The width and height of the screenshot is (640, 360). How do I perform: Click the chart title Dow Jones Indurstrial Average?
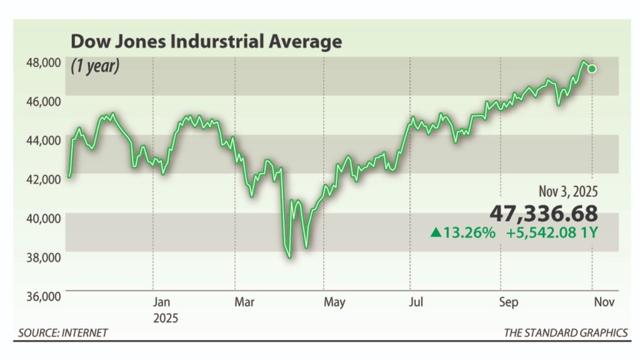pos(206,42)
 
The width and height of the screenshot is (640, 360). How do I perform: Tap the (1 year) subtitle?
pos(95,65)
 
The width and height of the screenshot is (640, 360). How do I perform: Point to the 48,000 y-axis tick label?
pos(43,62)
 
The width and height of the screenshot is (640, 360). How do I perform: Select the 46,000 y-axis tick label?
pos(43,101)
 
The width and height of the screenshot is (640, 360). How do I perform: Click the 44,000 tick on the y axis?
pos(43,140)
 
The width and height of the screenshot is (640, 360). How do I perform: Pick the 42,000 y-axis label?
pos(43,179)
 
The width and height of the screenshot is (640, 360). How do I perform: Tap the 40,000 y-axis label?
pos(43,218)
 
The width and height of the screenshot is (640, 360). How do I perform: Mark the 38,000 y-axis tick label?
pos(43,257)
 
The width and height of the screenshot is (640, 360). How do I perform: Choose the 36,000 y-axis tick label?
pos(43,296)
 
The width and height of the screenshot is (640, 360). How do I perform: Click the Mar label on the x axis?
pos(244,303)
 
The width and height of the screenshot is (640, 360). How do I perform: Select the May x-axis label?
pos(334,303)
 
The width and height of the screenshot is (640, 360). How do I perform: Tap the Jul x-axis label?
pos(416,303)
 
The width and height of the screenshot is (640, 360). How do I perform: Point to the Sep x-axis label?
pos(508,303)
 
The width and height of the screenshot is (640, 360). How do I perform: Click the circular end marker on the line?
pos(592,69)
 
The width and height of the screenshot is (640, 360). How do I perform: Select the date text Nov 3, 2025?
pos(568,192)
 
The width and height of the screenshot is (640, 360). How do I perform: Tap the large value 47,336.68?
pos(543,213)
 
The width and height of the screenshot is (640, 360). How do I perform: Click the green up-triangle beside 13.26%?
pos(436,233)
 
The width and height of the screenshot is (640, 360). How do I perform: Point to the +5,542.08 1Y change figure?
pos(552,233)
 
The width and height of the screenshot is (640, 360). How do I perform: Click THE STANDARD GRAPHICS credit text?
pos(566,332)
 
